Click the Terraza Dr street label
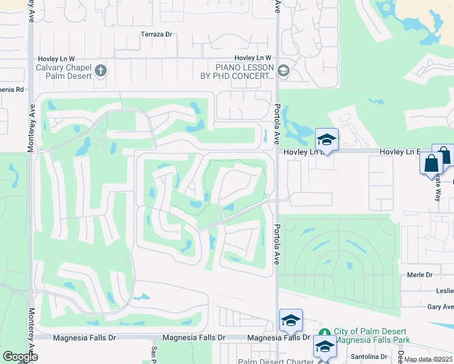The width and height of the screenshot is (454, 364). pyautogui.click(x=157, y=35)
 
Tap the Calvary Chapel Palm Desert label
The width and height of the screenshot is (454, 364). pyautogui.click(x=64, y=72)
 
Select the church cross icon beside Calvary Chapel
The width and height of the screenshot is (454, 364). pyautogui.click(x=101, y=72)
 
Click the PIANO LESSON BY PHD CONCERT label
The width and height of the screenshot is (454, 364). pyautogui.click(x=236, y=72)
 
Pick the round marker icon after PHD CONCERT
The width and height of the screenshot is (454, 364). pyautogui.click(x=283, y=72)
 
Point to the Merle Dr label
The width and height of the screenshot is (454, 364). pyautogui.click(x=420, y=275)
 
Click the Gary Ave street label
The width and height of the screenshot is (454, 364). pyautogui.click(x=440, y=308)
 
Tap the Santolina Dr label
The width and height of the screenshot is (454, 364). pyautogui.click(x=371, y=357)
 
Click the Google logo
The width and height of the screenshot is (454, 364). pyautogui.click(x=20, y=357)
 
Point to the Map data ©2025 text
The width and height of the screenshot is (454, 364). pyautogui.click(x=429, y=360)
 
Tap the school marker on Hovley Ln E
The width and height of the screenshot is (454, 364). pyautogui.click(x=327, y=140)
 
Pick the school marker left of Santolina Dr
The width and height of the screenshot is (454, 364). pyautogui.click(x=325, y=347)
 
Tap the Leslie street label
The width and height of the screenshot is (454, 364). pyautogui.click(x=444, y=291)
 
